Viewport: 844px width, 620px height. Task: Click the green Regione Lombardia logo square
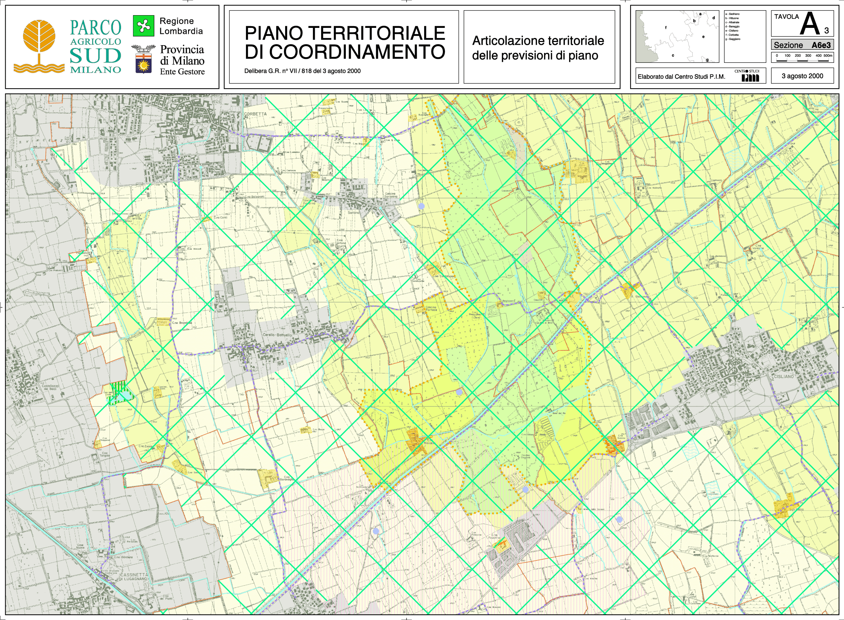143,25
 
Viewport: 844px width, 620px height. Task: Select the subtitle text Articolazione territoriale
538,41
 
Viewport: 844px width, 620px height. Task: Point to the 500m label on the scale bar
828,55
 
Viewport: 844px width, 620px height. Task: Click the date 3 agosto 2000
802,76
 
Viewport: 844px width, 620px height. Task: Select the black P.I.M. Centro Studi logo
750,78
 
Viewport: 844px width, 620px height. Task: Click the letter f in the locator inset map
666,28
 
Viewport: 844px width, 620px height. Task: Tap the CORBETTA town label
255,114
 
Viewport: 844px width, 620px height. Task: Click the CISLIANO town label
783,376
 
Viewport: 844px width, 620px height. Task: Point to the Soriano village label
353,213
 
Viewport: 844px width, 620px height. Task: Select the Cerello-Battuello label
277,335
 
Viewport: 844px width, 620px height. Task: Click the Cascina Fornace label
431,308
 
